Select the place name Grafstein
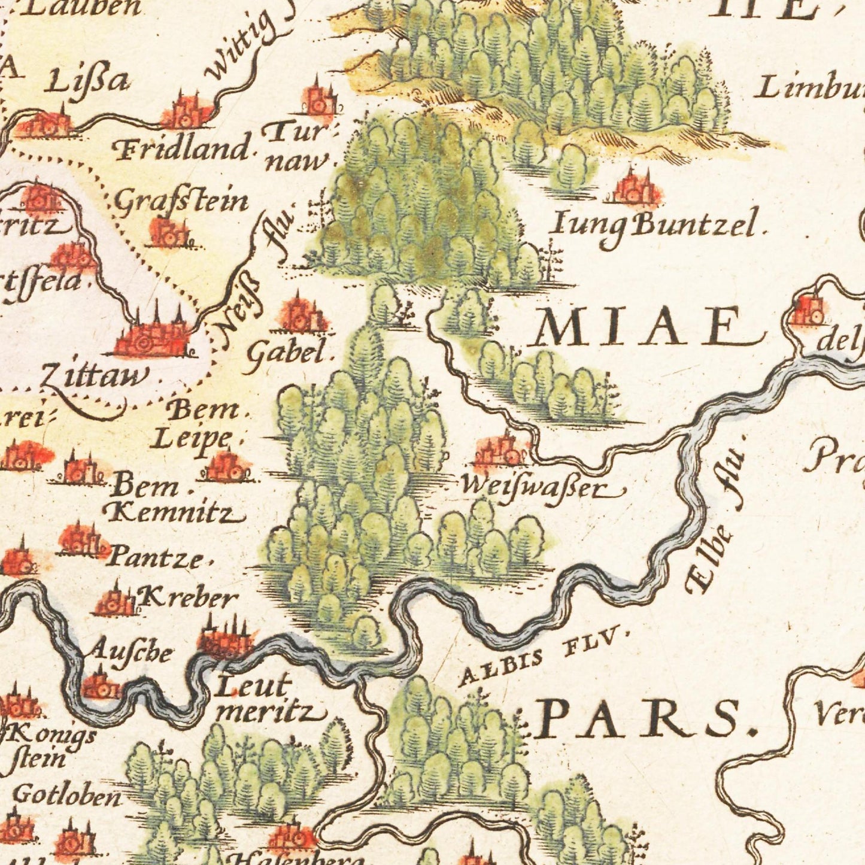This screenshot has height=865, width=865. tap(180, 202)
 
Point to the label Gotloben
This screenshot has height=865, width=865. tap(66, 796)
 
